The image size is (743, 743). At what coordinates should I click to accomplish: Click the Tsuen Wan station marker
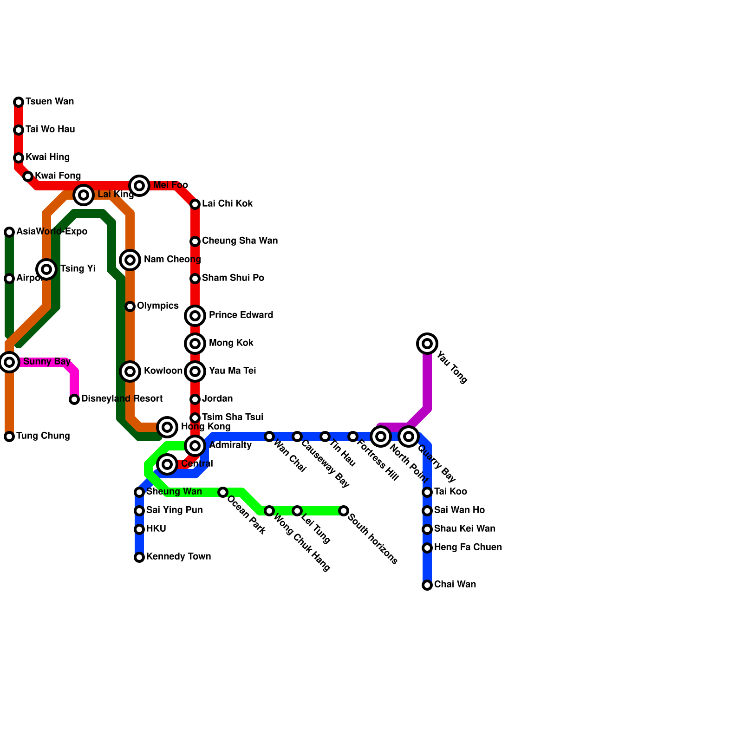19,102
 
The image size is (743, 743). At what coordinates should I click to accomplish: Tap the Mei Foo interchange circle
139,186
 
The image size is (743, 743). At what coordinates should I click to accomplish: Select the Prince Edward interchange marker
195,316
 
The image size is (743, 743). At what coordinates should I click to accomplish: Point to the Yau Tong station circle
427,344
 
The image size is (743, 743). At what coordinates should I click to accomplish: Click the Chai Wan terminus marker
427,585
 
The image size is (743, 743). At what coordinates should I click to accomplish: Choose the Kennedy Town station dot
139,557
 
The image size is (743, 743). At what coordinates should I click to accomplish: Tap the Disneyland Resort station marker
74,399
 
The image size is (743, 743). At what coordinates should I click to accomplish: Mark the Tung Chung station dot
9,437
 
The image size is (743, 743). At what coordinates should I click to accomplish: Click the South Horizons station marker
344,511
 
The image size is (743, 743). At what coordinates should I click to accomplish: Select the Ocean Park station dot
223,492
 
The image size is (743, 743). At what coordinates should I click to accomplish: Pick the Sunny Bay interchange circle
9,362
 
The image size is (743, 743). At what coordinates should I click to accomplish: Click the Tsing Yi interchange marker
46,269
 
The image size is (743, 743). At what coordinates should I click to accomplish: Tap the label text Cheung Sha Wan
240,241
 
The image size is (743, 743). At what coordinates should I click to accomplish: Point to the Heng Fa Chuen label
468,547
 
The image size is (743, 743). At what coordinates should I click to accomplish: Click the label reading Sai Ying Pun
174,510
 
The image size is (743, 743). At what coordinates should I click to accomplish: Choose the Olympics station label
157,306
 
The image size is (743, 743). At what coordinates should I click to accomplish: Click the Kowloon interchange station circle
130,371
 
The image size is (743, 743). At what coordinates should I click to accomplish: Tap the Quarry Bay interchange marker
409,437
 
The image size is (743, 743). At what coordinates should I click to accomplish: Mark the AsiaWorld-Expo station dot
9,232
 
